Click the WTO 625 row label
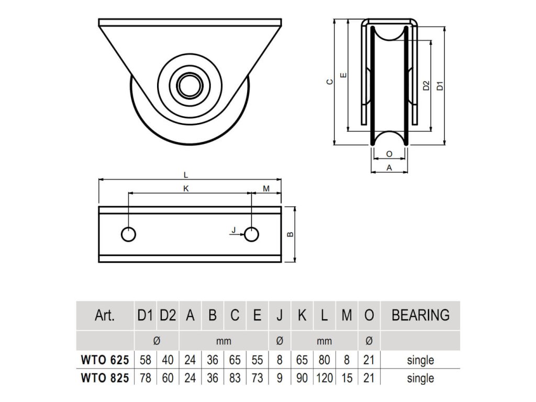coord(105,360)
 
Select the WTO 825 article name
coord(105,378)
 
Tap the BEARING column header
coord(420,315)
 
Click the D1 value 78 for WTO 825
coord(146,378)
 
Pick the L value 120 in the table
coord(325,378)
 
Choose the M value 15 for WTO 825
coord(347,378)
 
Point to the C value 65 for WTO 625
coord(235,360)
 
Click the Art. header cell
coord(105,315)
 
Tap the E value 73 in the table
coord(257,378)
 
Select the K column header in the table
coord(302,315)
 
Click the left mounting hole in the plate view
coord(129,234)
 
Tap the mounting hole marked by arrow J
coord(251,234)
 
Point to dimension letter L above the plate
coord(186,175)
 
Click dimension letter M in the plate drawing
coord(266,188)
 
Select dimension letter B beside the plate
coord(290,234)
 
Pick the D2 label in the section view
coord(426,85)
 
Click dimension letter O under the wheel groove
coord(389,154)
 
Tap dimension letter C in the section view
coord(330,82)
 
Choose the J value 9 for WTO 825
coord(280,378)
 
